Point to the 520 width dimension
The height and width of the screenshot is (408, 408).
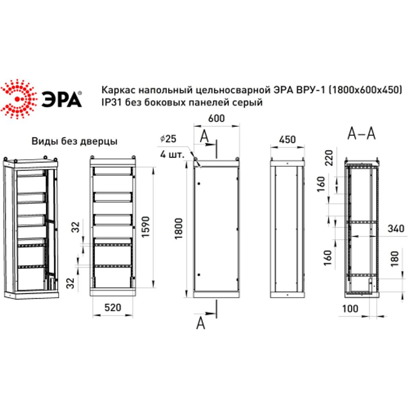[113, 307]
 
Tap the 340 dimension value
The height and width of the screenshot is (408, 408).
[396, 228]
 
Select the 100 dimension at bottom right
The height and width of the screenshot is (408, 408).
[350, 308]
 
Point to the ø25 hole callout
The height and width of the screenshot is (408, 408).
[168, 139]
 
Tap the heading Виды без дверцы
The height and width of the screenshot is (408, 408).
[75, 142]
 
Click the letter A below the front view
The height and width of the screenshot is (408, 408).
[200, 323]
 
